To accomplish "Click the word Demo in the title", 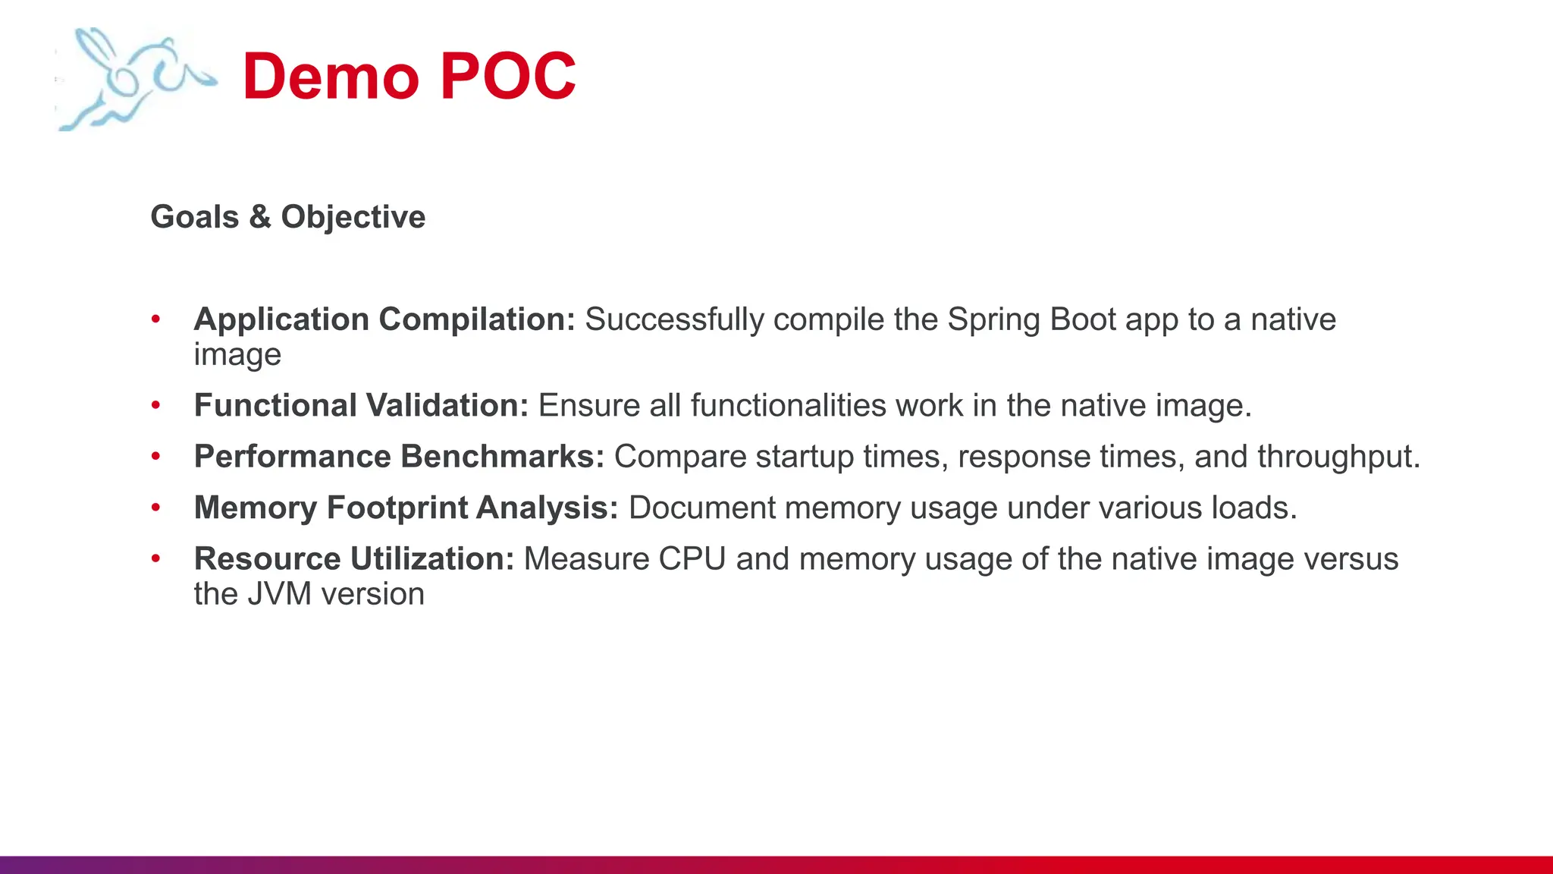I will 331,77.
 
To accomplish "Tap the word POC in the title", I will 508,77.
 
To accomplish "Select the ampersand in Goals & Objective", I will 260,217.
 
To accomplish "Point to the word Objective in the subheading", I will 353,218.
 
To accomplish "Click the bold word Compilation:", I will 477,319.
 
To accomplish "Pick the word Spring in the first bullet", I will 994,320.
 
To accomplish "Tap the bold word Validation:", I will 447,405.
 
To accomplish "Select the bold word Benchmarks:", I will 502,457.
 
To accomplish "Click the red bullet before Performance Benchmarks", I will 156,457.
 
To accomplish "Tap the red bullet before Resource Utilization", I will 156,559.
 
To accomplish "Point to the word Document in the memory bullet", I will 702,508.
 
